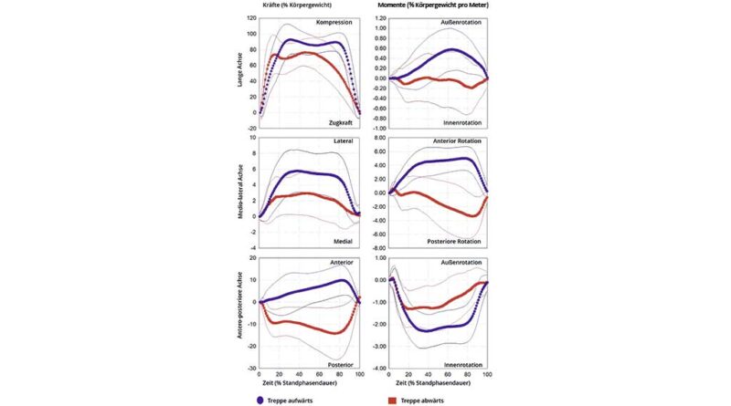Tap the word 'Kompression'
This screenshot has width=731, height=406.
point(335,22)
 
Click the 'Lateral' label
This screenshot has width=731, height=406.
point(344,142)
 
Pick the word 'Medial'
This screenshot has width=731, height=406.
point(344,241)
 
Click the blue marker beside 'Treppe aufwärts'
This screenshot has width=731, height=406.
point(262,398)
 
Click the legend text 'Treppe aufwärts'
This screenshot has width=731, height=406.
point(296,398)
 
